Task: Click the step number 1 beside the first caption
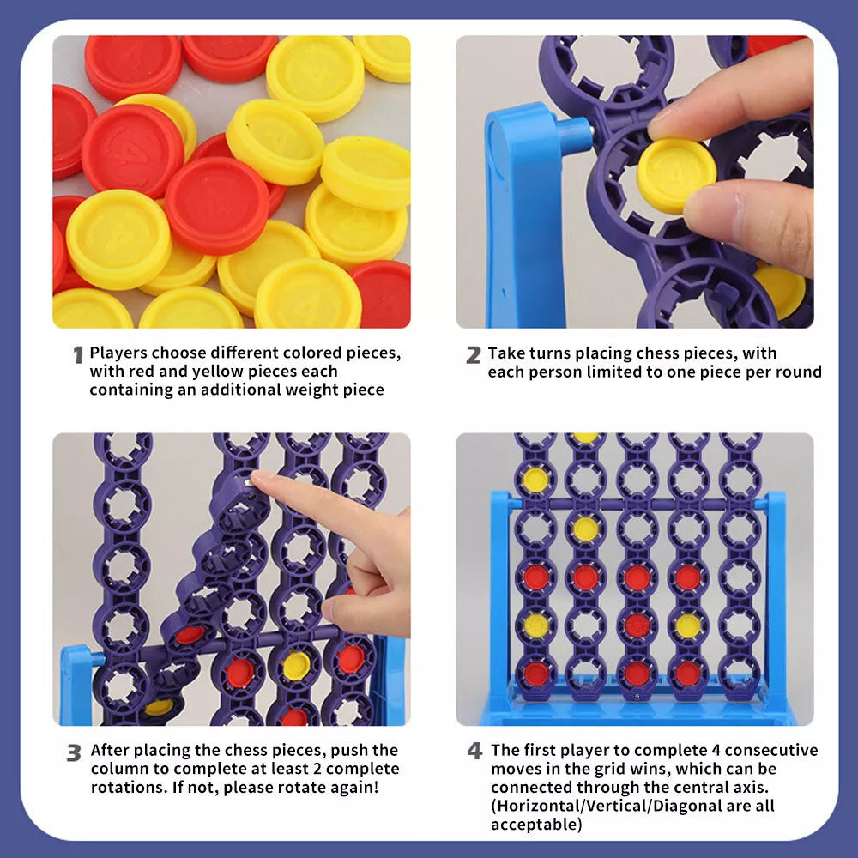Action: (78, 355)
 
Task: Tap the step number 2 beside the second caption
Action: (474, 355)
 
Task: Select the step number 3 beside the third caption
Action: (74, 753)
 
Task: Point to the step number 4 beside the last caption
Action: (475, 751)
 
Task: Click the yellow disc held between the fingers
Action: (676, 176)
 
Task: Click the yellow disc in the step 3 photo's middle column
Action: (296, 665)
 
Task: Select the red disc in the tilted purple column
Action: (190, 635)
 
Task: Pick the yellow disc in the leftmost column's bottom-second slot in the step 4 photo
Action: (536, 625)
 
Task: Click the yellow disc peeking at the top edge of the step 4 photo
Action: (585, 438)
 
